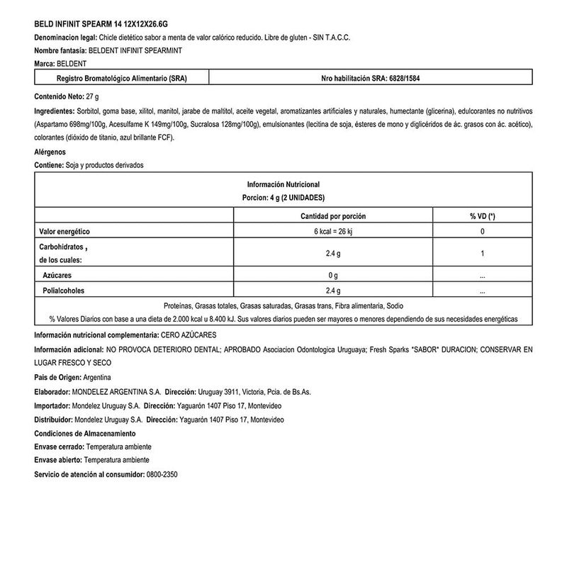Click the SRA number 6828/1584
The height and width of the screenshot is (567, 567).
(x=409, y=79)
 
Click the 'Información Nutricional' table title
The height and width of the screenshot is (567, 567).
(x=283, y=184)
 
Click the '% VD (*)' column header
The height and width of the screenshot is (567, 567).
(x=482, y=215)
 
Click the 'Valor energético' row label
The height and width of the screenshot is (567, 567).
(x=64, y=232)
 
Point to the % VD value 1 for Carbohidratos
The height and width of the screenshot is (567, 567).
(x=482, y=253)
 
